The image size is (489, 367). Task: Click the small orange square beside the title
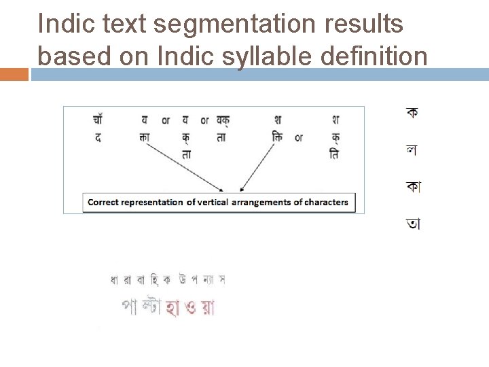(x=14, y=74)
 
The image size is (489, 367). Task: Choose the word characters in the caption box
(x=326, y=202)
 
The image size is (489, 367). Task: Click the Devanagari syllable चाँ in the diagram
(x=98, y=120)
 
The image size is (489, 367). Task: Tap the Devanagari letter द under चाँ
(x=98, y=137)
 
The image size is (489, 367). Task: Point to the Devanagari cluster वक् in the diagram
(x=222, y=120)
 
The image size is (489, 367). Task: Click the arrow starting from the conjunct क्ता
(x=183, y=166)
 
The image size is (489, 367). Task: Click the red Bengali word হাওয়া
(x=191, y=308)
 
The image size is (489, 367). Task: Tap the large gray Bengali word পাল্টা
(x=141, y=307)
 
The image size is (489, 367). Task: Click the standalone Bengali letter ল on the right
(x=412, y=150)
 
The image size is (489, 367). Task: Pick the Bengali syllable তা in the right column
(x=412, y=223)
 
